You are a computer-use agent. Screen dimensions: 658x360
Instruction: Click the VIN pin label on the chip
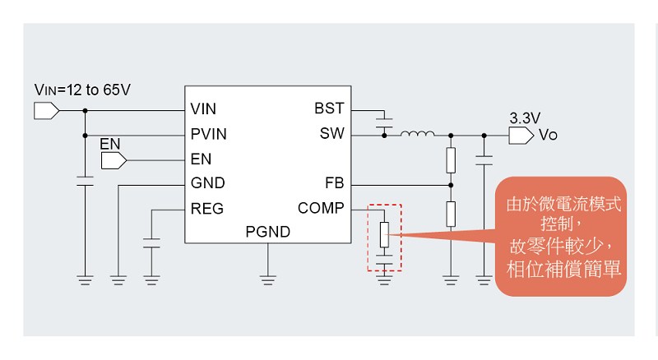[x=203, y=108]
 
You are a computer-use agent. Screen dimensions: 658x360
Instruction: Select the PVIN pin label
[x=209, y=134]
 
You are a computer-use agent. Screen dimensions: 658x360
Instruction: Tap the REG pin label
[x=207, y=209]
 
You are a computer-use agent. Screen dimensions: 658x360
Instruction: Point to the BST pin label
[x=329, y=108]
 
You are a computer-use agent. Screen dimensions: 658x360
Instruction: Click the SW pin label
[x=332, y=133]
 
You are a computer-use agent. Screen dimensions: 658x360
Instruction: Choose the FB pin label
[x=335, y=183]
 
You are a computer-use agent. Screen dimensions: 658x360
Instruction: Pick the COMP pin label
[x=321, y=208]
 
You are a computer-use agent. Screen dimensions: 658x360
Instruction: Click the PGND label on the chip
[x=268, y=232]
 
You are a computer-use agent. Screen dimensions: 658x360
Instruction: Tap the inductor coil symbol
[x=418, y=133]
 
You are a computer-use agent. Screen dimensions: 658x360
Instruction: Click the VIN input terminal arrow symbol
[x=46, y=111]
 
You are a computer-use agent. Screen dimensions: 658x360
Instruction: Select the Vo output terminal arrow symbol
[x=521, y=136]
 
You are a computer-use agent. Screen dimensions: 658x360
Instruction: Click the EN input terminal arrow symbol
[x=114, y=160]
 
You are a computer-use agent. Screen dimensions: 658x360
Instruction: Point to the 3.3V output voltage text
[x=525, y=118]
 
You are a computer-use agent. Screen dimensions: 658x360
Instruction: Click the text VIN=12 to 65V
[x=82, y=90]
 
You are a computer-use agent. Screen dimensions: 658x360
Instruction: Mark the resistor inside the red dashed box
[x=384, y=234]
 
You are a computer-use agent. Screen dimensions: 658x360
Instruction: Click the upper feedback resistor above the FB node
[x=451, y=159]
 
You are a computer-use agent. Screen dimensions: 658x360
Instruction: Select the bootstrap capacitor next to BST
[x=384, y=123]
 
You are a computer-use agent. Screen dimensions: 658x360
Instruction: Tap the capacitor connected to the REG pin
[x=151, y=243]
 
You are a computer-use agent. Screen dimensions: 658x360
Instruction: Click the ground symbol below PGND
[x=268, y=279]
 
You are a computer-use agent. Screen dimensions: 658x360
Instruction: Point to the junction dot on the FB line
[x=451, y=185]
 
